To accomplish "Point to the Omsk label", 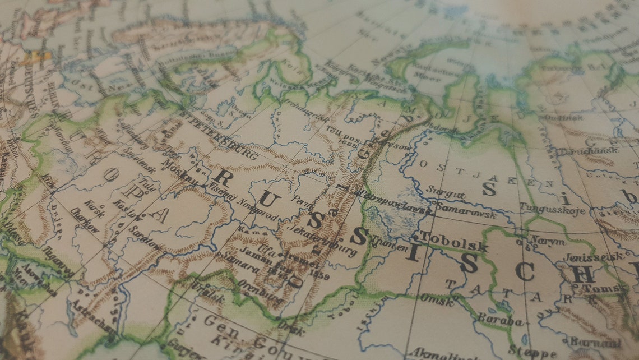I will tap(438, 298).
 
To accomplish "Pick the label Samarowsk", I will tap(465, 210).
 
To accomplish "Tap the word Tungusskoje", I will tap(552, 209).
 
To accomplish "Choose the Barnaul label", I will tap(595, 341).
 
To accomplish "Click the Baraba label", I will tap(499, 320).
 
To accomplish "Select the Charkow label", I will tap(85, 220).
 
